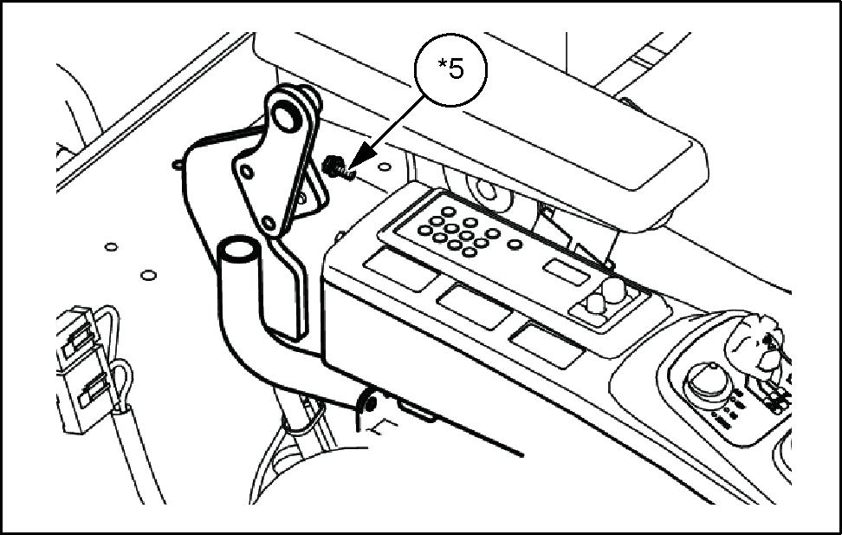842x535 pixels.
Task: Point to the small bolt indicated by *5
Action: pos(337,165)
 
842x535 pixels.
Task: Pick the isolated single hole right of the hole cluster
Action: pos(492,233)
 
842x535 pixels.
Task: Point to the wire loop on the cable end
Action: pos(122,378)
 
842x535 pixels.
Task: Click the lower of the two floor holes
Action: pos(148,277)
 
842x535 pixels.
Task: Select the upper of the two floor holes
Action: pos(111,246)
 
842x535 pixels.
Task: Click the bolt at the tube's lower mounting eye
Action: pos(369,402)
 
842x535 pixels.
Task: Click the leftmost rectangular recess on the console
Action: pos(399,269)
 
